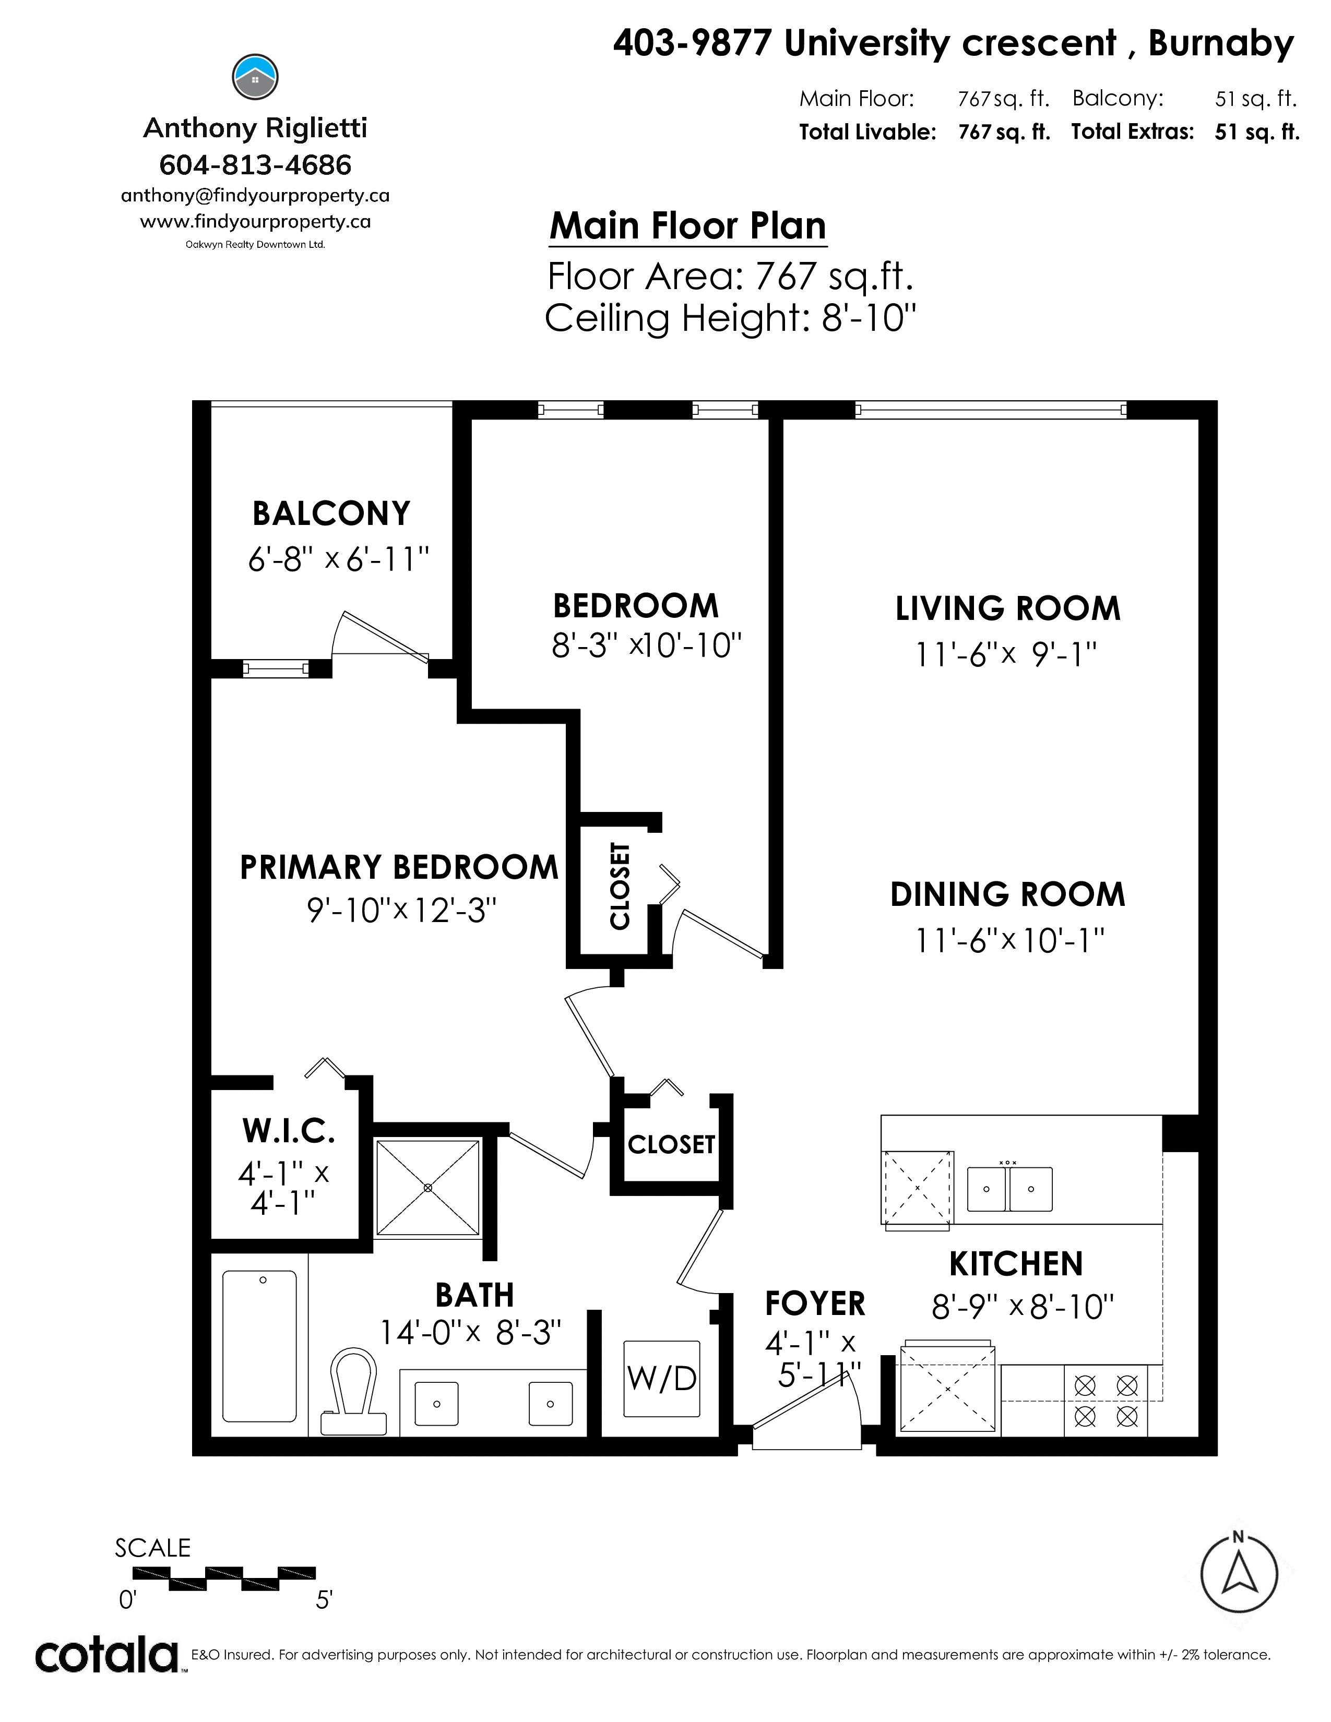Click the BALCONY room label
tap(331, 513)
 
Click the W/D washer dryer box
tap(661, 1378)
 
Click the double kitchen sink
tap(1010, 1188)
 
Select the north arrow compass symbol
tap(1239, 1574)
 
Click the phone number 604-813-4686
tap(255, 165)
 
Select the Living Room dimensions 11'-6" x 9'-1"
tap(1006, 654)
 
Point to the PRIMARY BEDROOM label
tap(399, 867)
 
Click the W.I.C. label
tap(289, 1131)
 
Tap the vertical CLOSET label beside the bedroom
tap(620, 886)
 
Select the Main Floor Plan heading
tap(687, 225)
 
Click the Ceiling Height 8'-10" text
tap(730, 318)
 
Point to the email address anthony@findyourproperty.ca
tap(255, 196)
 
